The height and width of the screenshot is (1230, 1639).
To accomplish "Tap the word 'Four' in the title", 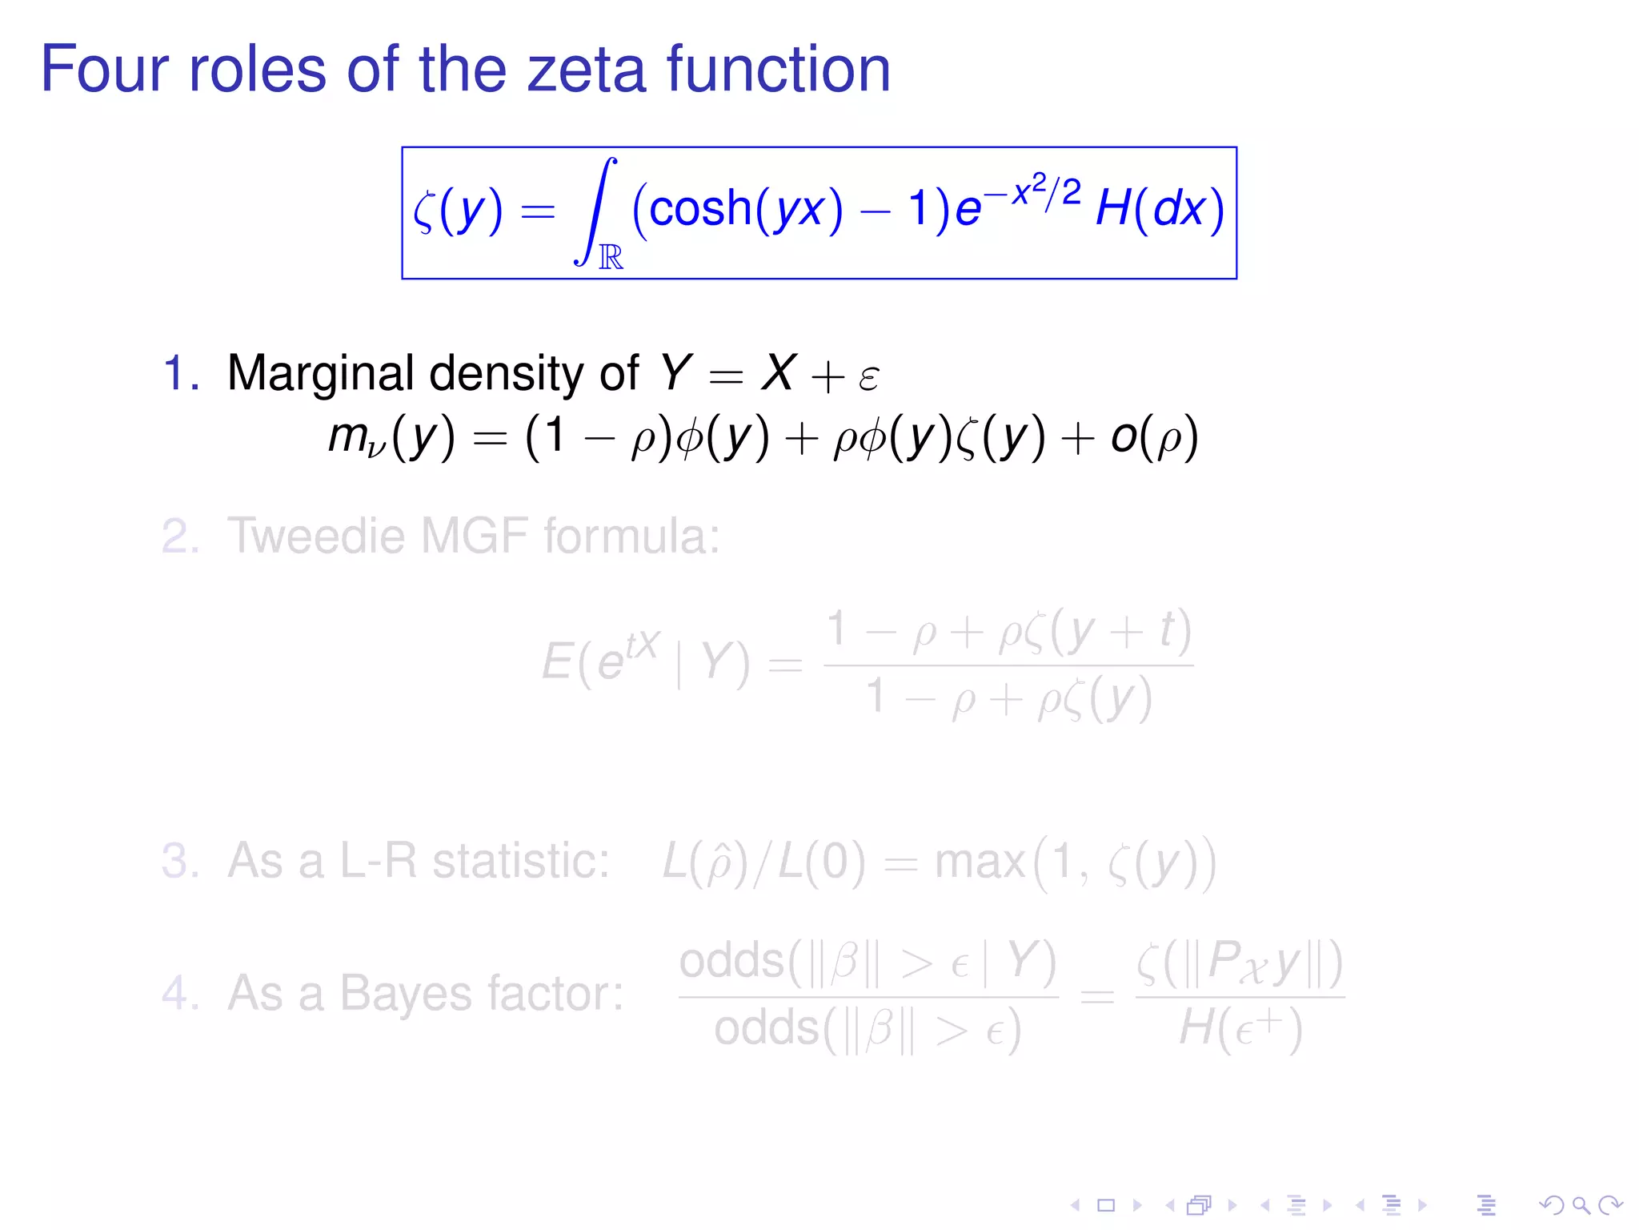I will tap(104, 70).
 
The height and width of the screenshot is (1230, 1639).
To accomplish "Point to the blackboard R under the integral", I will tap(611, 257).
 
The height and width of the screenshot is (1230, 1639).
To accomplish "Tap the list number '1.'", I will tap(181, 373).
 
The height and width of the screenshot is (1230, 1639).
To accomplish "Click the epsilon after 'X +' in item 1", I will tap(868, 376).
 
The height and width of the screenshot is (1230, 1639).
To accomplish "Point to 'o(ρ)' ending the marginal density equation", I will tap(1154, 437).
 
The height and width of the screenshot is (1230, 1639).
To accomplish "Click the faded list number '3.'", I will tap(181, 861).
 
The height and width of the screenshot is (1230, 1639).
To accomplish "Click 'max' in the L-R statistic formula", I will tap(980, 862).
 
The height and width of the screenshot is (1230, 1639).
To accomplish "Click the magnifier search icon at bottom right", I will tap(1580, 1204).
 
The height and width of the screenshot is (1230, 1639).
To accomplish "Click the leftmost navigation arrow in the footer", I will tap(1076, 1204).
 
